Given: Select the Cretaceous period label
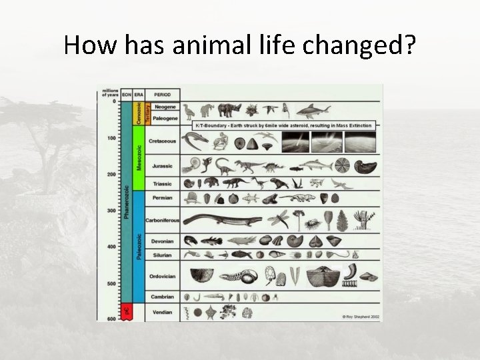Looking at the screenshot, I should coord(162,141).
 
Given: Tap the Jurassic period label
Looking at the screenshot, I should coord(162,166).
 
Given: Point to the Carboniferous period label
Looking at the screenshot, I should coord(162,220).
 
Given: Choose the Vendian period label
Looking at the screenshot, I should coord(162,312).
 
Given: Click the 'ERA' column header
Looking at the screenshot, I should coord(139,94).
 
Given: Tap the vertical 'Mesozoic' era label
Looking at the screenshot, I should coord(139,157).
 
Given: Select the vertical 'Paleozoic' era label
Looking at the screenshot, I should coord(139,246).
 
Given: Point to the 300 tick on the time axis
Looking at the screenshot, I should coord(111,210).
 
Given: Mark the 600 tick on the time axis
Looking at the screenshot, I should coord(111,319).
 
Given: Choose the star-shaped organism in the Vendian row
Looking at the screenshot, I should coord(211,311).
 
